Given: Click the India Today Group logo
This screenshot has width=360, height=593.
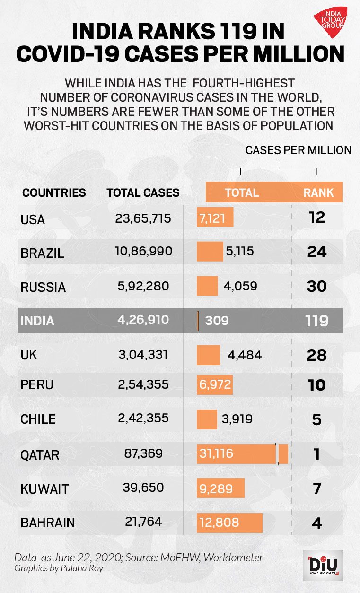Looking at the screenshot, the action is point(331,22).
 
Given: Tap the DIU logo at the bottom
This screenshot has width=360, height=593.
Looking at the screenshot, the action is point(323,566).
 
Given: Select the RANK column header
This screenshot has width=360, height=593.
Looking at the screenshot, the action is point(318,193).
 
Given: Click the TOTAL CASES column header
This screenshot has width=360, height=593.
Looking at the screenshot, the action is point(143,193).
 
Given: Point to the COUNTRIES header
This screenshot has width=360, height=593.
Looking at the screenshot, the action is point(54,193).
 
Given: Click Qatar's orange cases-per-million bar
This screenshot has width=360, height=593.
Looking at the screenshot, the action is point(242,454).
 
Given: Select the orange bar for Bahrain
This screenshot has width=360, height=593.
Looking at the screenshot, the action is point(229,523).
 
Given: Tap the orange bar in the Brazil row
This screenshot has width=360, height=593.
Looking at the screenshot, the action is point(210,252).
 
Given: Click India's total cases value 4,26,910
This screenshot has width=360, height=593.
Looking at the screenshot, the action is point(143,320).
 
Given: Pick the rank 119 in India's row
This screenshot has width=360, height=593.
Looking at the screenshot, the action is point(316,321).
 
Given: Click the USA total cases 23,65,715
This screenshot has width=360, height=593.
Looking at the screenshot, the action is point(143,218).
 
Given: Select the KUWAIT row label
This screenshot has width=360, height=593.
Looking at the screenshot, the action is point(45,489).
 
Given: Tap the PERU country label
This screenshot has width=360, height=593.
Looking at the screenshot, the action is point(37,384).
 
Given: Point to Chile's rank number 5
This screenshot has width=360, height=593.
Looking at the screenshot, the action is point(317,419).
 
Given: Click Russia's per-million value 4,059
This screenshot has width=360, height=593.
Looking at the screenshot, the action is point(240,286).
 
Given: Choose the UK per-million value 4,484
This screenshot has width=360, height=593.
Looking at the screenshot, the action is point(245,355).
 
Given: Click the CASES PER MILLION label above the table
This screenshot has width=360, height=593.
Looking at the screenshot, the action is point(299,150).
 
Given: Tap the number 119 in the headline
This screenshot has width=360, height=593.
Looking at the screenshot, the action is point(238,32).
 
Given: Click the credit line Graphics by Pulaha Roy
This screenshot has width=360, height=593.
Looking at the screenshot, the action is point(59,568).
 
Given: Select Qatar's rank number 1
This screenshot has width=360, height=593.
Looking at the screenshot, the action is point(317,454).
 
